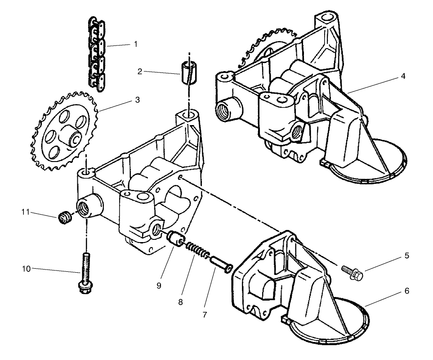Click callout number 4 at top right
coord(403,76)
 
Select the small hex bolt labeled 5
coord(353,272)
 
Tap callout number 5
coord(406,256)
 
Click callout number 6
coord(406,291)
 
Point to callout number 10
coord(26,269)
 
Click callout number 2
coord(140,71)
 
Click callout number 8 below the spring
coord(180,302)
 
